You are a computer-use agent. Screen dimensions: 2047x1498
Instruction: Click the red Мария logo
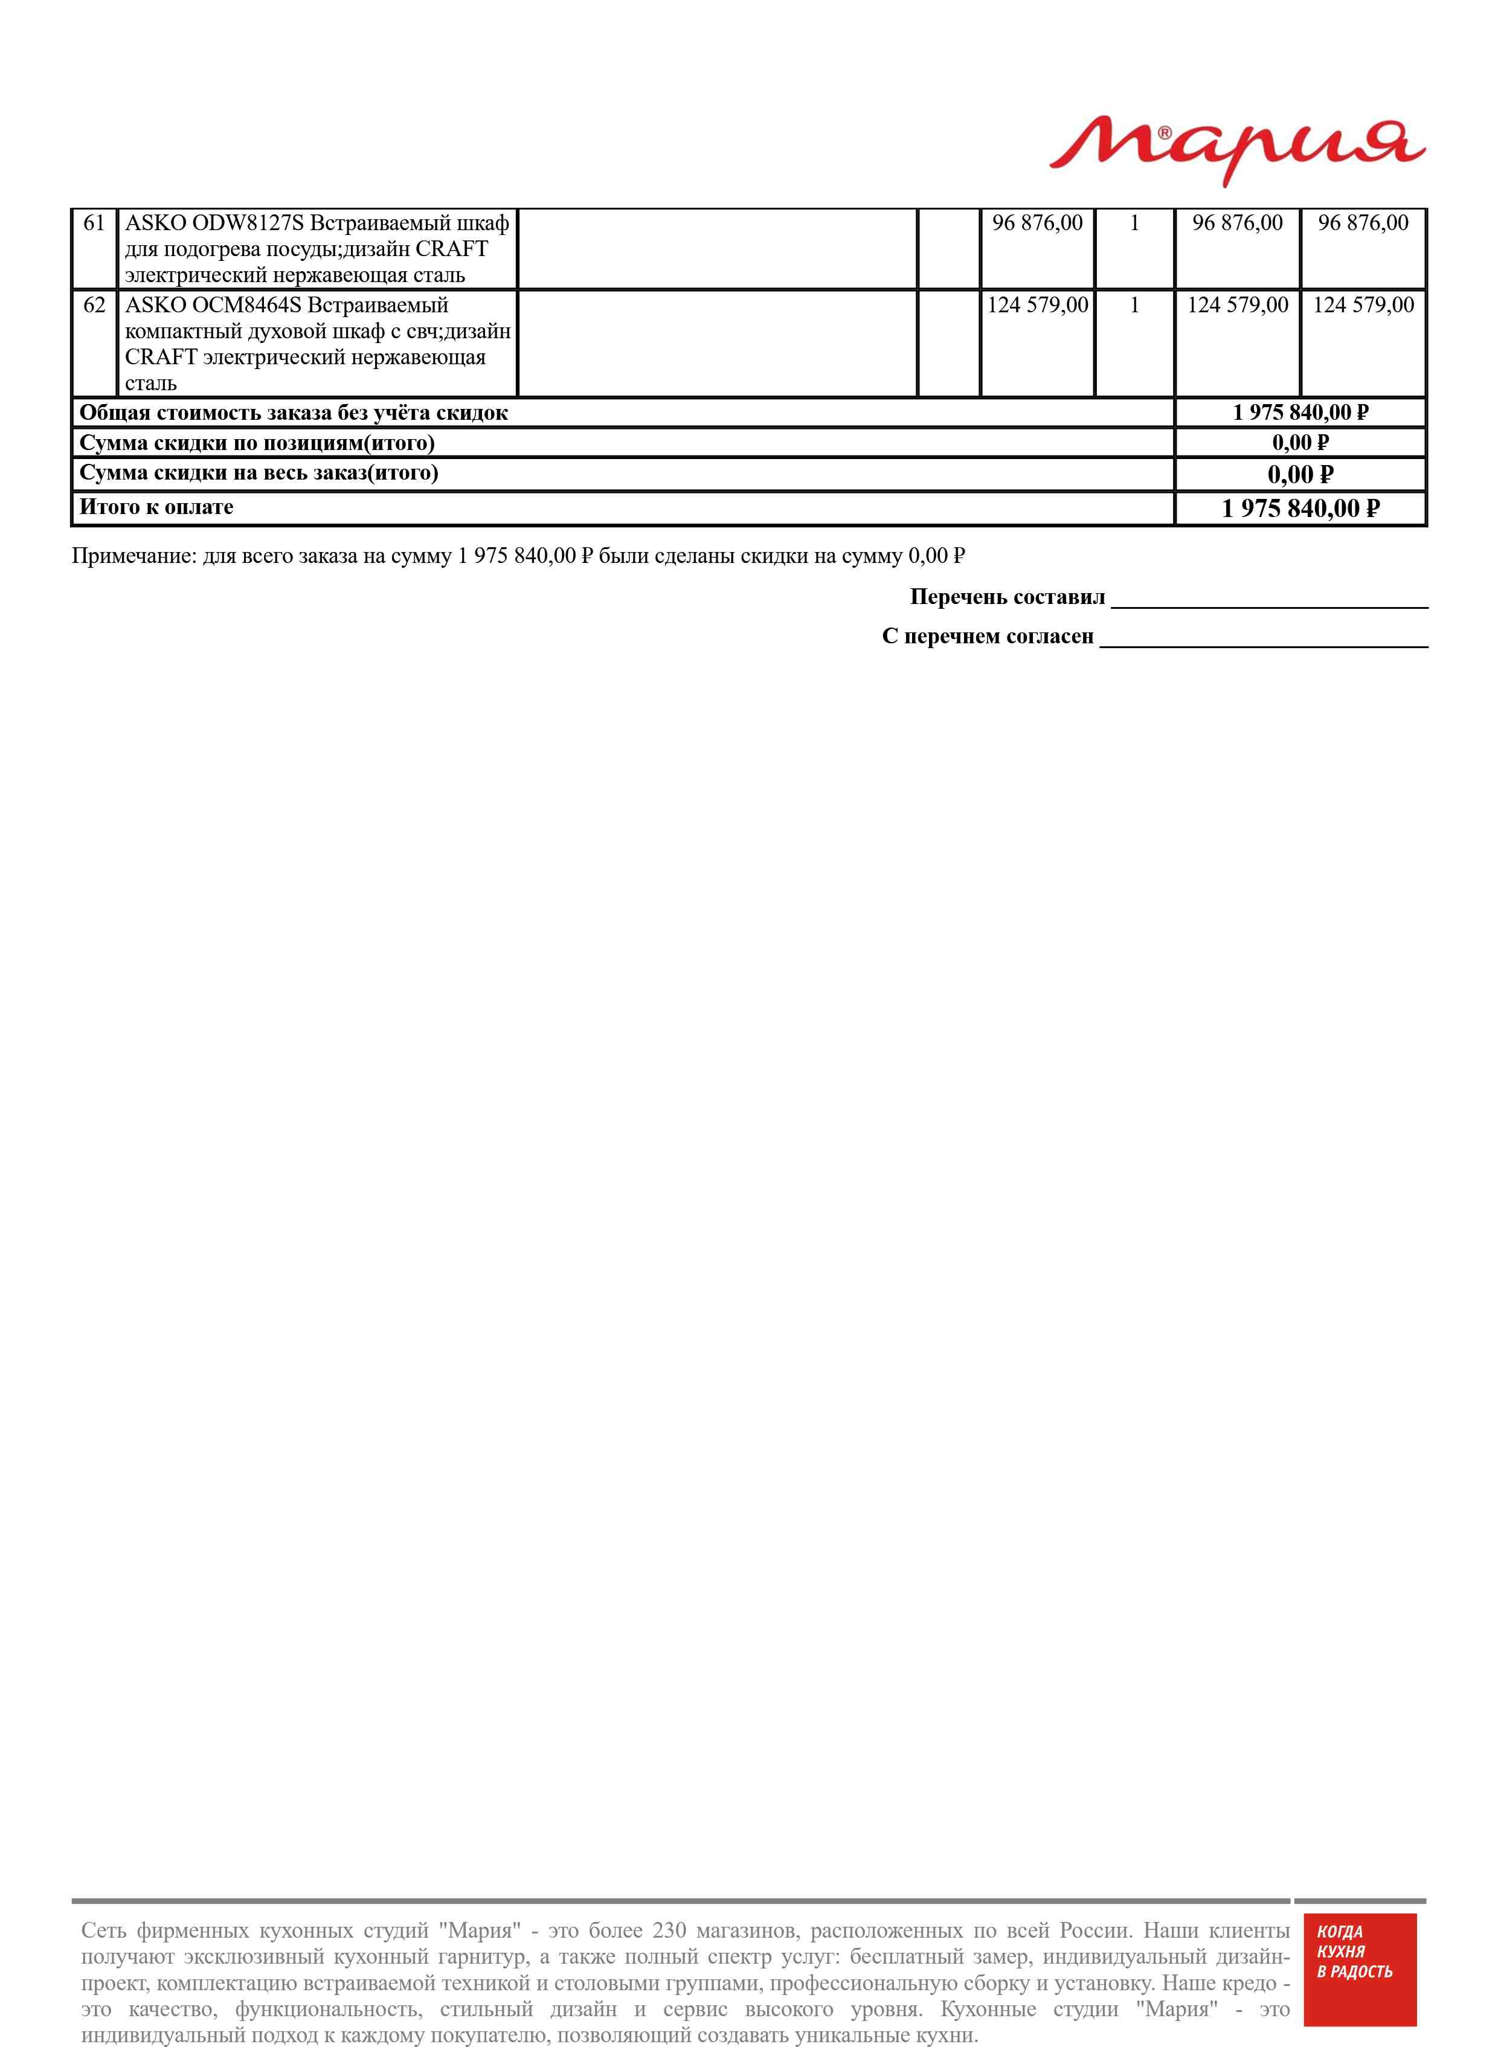(1237, 150)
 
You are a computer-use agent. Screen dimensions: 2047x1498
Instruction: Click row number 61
(94, 223)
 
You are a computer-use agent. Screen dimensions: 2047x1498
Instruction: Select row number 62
(94, 306)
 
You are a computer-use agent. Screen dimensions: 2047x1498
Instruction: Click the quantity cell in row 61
(1134, 223)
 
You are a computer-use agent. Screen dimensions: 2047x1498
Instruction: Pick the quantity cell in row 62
(1134, 306)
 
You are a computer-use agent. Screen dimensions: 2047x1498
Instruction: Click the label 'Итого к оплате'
(156, 507)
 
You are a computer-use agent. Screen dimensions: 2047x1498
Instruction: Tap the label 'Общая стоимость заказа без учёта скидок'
(294, 413)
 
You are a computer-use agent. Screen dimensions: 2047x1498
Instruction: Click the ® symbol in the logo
(1165, 132)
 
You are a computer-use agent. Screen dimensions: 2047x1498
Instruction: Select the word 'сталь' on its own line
(150, 384)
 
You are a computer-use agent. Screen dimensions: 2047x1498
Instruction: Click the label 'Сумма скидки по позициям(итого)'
(257, 443)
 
